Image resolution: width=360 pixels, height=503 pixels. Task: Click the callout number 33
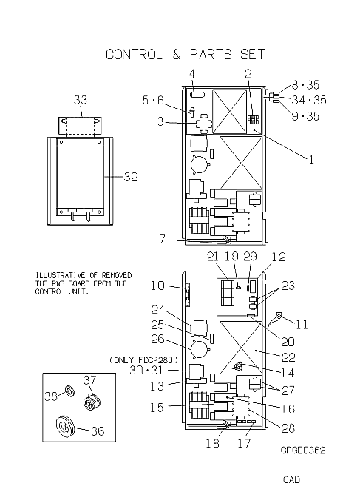point(81,100)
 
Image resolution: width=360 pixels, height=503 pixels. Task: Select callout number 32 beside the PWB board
point(131,177)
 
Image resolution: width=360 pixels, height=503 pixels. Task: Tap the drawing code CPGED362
point(303,450)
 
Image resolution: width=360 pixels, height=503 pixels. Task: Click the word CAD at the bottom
point(291,479)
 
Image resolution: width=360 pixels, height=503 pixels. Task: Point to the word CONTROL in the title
point(134,55)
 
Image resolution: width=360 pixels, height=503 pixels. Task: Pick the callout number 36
point(98,431)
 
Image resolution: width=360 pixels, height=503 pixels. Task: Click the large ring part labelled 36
point(65,427)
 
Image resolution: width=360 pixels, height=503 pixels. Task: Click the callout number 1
point(311,160)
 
